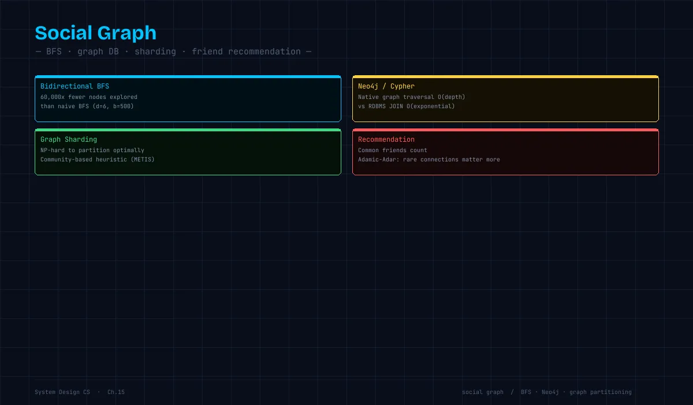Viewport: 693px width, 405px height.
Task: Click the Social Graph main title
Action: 96,33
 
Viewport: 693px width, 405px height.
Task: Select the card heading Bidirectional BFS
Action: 74,86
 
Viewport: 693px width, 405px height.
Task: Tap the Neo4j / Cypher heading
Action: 386,86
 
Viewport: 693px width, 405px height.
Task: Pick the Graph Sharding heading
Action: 69,139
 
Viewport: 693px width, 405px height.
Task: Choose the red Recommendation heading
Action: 386,139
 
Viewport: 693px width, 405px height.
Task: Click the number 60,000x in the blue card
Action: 53,97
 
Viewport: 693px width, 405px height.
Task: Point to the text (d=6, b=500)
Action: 113,106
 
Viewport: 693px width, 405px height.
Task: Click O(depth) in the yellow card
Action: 451,97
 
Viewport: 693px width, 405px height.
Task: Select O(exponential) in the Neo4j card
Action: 430,106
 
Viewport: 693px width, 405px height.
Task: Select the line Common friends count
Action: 392,150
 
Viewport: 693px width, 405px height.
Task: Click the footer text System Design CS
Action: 62,392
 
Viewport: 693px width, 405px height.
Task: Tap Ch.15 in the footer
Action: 116,392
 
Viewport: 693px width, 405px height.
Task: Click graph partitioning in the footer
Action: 600,392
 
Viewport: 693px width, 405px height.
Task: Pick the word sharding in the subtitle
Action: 155,51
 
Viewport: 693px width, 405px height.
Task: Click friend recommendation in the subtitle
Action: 246,51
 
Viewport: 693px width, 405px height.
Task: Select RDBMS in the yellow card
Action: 377,106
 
